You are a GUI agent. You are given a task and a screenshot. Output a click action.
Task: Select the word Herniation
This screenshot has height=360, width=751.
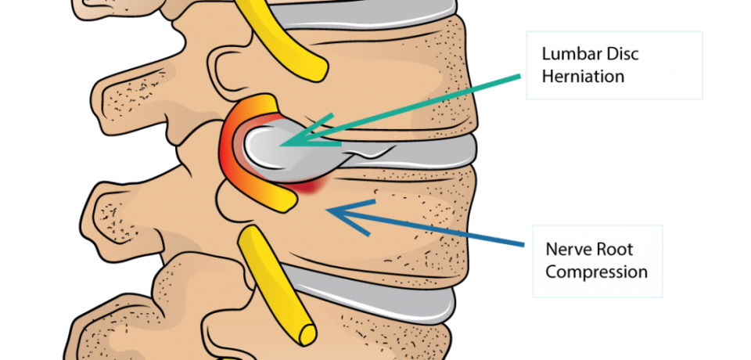tap(583, 76)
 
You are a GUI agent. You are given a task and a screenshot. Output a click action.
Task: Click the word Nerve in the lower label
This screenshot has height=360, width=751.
tap(569, 250)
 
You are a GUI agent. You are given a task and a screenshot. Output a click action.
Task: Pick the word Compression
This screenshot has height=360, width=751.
tap(596, 272)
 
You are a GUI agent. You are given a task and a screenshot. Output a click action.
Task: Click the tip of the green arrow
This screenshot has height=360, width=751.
tap(281, 143)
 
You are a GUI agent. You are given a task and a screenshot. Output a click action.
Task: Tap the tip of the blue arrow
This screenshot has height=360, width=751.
tap(327, 210)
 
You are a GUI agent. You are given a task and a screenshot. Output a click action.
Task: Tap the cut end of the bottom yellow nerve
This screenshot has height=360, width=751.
tap(307, 334)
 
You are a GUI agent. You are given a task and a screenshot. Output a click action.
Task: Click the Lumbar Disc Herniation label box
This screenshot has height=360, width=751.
tap(615, 65)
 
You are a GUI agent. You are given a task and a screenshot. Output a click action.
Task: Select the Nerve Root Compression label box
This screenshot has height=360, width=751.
tap(598, 261)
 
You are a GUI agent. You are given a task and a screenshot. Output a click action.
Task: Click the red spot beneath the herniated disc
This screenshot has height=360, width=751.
tap(311, 187)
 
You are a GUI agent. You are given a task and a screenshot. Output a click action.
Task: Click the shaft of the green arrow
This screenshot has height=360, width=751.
tap(401, 110)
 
